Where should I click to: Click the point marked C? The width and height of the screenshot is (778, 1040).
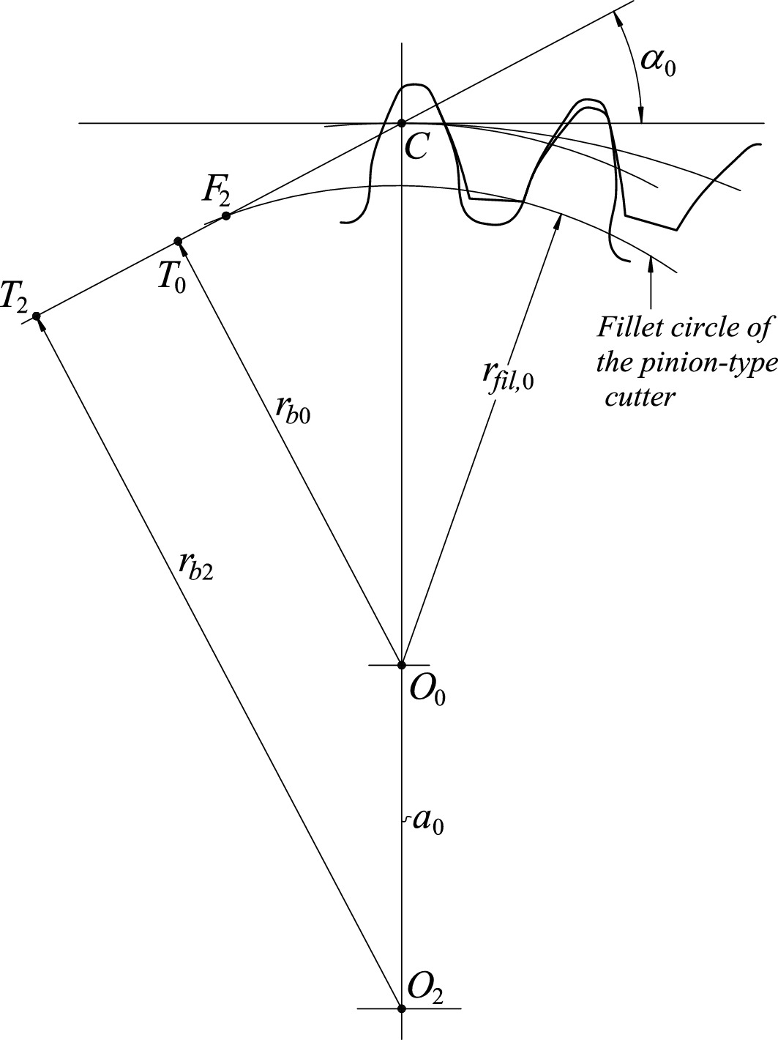401,123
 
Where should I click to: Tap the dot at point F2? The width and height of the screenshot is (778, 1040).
226,215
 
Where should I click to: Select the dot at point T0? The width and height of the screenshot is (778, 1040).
177,241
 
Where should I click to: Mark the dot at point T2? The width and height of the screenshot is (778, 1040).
35,316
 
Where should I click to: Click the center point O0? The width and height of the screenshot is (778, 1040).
401,665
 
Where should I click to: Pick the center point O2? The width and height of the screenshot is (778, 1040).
401,1009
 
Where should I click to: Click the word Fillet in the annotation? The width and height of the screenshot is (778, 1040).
627,327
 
